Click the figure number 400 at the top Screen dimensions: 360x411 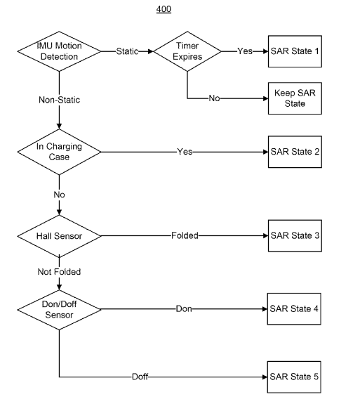(164, 9)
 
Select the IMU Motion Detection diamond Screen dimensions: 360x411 (59, 51)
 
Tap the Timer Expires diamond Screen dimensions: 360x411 (187, 51)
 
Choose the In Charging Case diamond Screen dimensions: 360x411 (59, 152)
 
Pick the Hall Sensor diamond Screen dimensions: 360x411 (59, 236)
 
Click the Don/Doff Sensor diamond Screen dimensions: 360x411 (59, 310)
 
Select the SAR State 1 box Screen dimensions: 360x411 (295, 51)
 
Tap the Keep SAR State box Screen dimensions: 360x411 (295, 98)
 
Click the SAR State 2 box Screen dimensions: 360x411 (295, 152)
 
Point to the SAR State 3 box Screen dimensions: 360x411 (295, 235)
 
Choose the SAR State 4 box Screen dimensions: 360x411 (294, 309)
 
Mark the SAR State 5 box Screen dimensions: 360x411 (294, 377)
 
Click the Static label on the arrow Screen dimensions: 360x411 (127, 51)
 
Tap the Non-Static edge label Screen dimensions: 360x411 (59, 100)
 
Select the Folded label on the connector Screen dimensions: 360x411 (185, 235)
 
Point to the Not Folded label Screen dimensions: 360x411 (59, 272)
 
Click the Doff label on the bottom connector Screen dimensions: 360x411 (140, 377)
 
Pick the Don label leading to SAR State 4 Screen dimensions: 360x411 (184, 308)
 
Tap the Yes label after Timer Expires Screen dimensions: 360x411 (245, 51)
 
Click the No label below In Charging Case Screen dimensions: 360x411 (59, 195)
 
